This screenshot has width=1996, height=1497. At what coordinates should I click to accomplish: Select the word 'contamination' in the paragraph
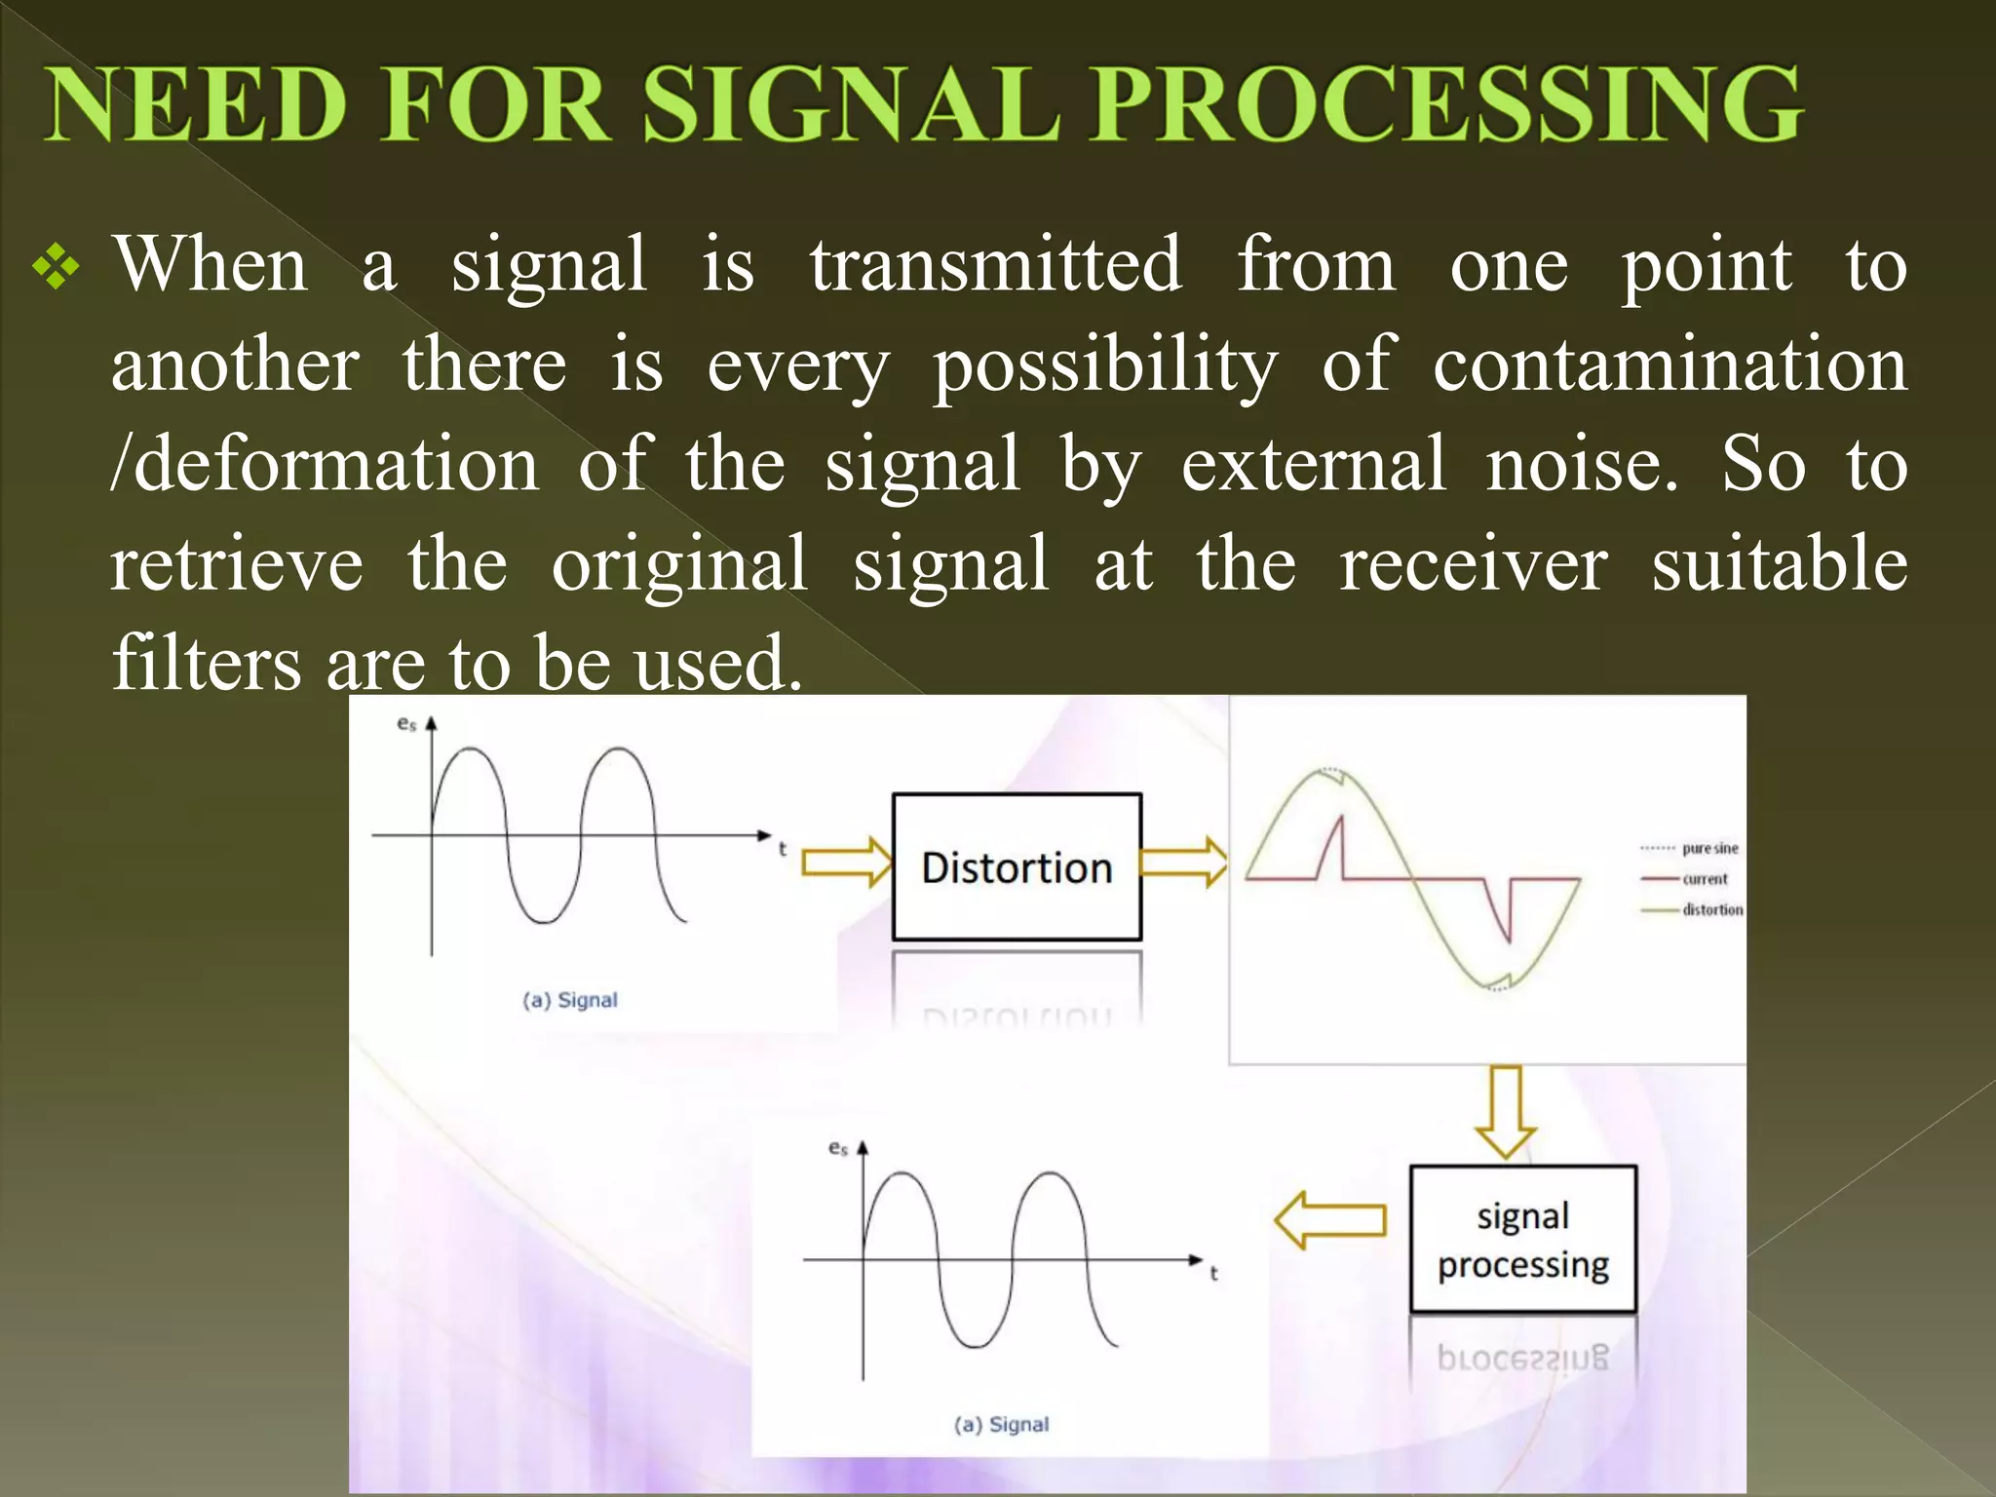point(1669,365)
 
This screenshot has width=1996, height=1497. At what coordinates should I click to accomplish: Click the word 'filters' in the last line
point(207,664)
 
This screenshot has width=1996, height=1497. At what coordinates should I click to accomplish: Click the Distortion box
point(1017,866)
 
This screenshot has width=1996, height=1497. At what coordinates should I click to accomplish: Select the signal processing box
point(1522,1240)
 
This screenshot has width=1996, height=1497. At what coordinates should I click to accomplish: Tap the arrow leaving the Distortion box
point(1183,863)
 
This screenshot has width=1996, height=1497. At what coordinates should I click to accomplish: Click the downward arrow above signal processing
point(1506,1111)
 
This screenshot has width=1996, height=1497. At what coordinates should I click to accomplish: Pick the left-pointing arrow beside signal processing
point(1330,1220)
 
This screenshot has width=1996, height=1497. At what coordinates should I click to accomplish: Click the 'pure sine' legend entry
point(1708,849)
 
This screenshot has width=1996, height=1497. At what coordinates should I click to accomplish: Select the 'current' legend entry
point(1704,879)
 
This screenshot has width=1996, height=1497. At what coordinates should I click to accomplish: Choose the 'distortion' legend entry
point(1711,910)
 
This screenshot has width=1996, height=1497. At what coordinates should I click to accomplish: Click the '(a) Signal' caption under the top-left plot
point(570,1000)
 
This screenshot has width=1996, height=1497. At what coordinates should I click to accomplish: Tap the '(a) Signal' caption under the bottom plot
point(1002,1425)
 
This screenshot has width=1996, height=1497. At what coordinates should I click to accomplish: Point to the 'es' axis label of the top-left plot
point(406,723)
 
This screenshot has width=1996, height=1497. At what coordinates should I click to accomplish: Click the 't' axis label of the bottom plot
point(1213,1274)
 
